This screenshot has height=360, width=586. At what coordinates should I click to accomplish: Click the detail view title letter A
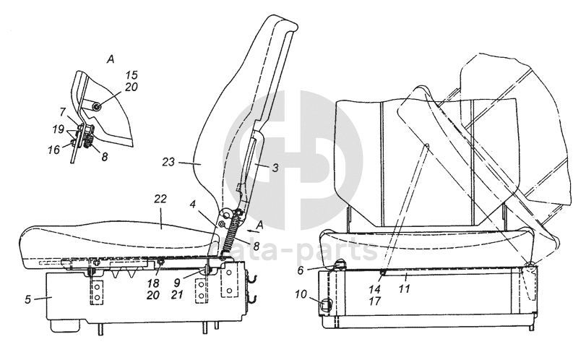[x=111, y=58]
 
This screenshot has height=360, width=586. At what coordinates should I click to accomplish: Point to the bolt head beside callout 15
[x=97, y=107]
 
